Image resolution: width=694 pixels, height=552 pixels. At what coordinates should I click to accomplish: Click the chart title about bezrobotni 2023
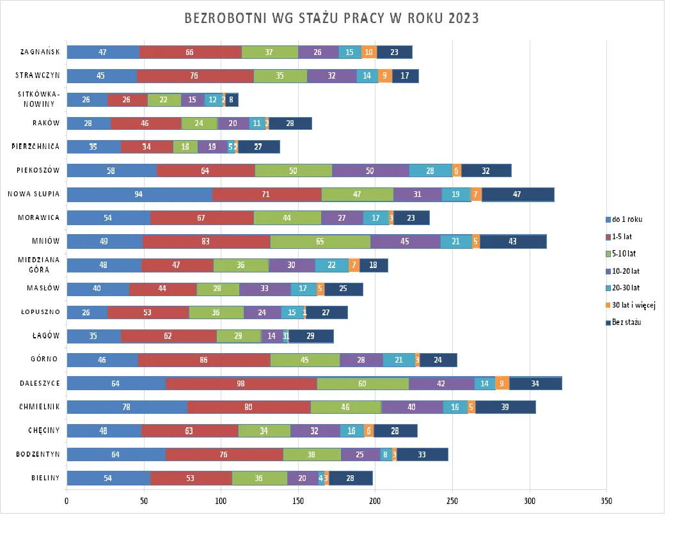point(331,18)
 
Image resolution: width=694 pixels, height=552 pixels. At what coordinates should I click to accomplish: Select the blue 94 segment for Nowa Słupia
point(139,194)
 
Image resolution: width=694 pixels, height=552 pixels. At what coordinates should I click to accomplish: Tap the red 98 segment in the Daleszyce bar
point(241,383)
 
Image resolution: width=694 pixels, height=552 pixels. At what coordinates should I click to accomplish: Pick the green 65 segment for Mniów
point(320,241)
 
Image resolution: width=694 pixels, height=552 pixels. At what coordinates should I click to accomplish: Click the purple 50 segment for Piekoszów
point(370,171)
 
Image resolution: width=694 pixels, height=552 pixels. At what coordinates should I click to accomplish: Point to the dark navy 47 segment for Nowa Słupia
point(517,194)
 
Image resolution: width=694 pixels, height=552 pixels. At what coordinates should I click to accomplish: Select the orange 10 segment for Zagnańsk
point(369,52)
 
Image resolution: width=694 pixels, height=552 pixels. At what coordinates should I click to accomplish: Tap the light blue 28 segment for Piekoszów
point(430,171)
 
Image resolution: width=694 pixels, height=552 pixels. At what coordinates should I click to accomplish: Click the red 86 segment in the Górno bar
point(204,360)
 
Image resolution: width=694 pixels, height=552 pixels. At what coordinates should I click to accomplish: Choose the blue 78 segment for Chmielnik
point(127,407)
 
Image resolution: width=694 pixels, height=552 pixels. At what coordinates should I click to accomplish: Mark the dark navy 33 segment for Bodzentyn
point(422,454)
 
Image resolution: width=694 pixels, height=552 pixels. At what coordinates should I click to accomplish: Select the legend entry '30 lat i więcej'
point(633,305)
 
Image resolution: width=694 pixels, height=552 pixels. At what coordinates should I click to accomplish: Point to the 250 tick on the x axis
point(452,501)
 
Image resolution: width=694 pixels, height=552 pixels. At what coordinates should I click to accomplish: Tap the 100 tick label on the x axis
point(221,501)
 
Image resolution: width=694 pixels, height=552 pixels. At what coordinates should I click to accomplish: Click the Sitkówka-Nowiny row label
point(40,99)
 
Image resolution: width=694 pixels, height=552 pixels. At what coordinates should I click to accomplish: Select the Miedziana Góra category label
point(40,265)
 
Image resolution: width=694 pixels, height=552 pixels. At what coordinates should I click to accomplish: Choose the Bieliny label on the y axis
point(45,477)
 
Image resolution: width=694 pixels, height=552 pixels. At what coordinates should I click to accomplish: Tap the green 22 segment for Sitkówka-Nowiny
point(164,100)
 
